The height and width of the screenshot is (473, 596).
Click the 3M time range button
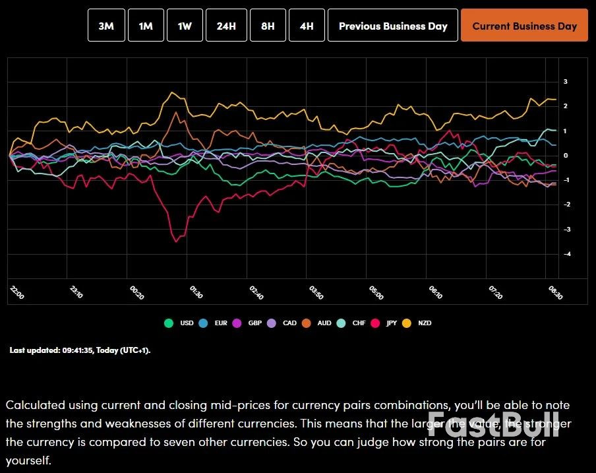click(106, 26)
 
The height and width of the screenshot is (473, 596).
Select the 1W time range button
click(185, 26)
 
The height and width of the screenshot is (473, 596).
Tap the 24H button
click(226, 26)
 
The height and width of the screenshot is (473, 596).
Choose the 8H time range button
click(268, 26)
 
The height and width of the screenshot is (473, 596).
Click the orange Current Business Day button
click(524, 26)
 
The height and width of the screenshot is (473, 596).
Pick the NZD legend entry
click(417, 323)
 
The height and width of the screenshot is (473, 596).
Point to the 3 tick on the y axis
click(565, 82)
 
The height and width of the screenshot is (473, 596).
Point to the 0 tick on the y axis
click(566, 156)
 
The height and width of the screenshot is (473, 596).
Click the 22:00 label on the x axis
click(16, 292)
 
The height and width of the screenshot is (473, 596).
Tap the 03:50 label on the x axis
click(316, 292)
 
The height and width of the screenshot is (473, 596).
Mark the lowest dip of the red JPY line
click(176, 241)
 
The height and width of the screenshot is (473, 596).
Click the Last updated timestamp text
click(80, 350)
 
